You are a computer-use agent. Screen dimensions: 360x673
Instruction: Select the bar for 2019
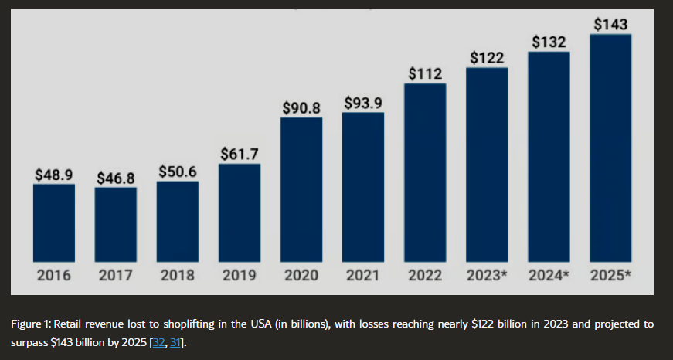click(x=239, y=212)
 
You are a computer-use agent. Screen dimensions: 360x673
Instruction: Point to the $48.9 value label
click(x=53, y=175)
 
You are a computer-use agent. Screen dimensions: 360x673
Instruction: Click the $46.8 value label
click(x=116, y=178)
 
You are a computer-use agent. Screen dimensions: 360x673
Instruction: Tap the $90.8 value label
click(x=301, y=108)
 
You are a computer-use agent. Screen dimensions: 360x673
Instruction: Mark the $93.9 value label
click(x=362, y=103)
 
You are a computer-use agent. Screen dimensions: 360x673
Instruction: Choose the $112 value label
click(x=425, y=74)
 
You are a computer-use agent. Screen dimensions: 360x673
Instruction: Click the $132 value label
click(x=549, y=42)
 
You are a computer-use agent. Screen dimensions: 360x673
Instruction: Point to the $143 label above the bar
click(x=610, y=25)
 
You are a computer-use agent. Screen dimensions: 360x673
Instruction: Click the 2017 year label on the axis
click(x=116, y=276)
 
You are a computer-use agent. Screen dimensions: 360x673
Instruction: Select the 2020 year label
click(x=301, y=276)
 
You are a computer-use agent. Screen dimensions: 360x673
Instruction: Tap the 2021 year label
click(x=362, y=276)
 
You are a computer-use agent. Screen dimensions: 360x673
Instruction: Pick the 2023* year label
click(x=487, y=276)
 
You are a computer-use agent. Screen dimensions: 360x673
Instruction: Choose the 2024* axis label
click(x=549, y=276)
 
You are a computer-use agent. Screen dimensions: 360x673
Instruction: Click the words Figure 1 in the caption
click(x=29, y=324)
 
